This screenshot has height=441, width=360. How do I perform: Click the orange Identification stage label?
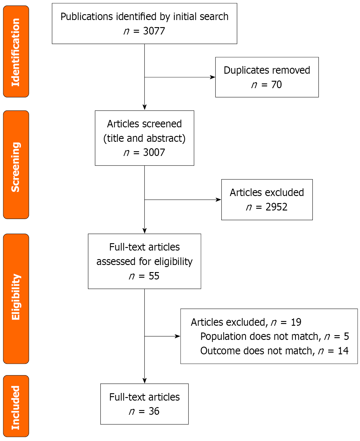pos(16,52)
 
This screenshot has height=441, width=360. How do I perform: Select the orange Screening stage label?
pos(16,165)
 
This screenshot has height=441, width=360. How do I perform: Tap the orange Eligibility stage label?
pos(16,298)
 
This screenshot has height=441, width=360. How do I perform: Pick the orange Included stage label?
pos(16,406)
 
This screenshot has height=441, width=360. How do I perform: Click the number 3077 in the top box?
pos(154,31)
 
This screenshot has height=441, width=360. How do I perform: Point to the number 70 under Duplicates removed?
pos(276,85)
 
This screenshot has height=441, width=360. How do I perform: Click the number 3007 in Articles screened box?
pos(154,152)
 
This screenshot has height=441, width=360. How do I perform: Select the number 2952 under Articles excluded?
pos(276,207)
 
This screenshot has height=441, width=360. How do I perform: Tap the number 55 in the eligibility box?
pos(154,276)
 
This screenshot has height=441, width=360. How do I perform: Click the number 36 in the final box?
pos(154,411)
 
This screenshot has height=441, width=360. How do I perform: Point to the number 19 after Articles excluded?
pos(296,322)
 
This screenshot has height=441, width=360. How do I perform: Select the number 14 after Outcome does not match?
pos(343,351)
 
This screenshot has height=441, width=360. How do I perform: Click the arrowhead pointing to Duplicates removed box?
pos(212,77)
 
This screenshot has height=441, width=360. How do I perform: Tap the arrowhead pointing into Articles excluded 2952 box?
pos(218,200)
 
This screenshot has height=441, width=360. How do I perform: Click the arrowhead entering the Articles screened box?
pos(145,107)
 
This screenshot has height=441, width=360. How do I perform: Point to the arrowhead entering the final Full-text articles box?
pos(145,381)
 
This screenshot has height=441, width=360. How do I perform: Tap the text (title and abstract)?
pos(144,138)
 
